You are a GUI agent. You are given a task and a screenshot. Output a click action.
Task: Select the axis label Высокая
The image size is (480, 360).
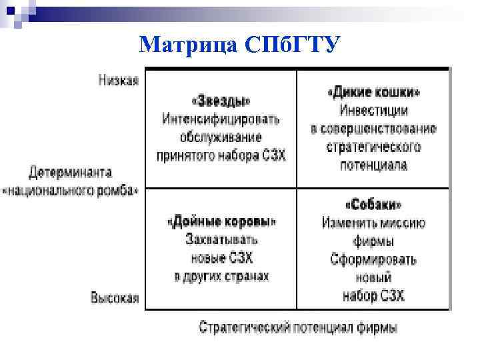point(115,298)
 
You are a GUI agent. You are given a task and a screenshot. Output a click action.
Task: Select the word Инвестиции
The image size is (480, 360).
point(374,111)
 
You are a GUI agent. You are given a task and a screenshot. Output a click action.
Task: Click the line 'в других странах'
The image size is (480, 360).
point(221,275)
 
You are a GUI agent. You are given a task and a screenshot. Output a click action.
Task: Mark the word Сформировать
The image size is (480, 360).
point(374,259)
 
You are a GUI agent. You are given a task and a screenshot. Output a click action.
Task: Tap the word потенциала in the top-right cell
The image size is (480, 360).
point(374,165)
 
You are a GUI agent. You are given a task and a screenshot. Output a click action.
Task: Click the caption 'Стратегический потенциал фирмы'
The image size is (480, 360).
point(299,327)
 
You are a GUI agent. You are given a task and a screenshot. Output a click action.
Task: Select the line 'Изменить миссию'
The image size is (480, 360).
point(374,223)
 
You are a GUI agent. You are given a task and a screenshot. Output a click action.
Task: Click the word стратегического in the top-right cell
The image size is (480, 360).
point(374,147)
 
